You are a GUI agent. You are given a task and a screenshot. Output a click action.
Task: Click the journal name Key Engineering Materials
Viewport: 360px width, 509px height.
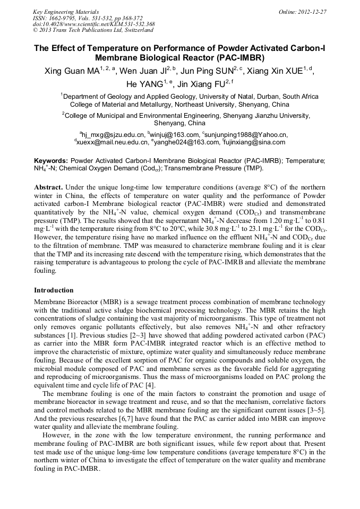(x=66, y=12)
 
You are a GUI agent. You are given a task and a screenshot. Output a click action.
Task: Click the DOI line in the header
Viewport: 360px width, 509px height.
(x=93, y=24)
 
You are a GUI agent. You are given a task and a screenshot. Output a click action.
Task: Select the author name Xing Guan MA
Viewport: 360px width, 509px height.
(x=71, y=71)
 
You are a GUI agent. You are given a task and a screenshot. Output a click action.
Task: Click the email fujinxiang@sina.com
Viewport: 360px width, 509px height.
(x=255, y=142)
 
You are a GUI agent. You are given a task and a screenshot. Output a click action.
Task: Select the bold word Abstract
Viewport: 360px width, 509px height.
(x=49, y=188)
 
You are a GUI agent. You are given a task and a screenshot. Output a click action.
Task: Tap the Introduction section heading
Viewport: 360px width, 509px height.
(x=54, y=290)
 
